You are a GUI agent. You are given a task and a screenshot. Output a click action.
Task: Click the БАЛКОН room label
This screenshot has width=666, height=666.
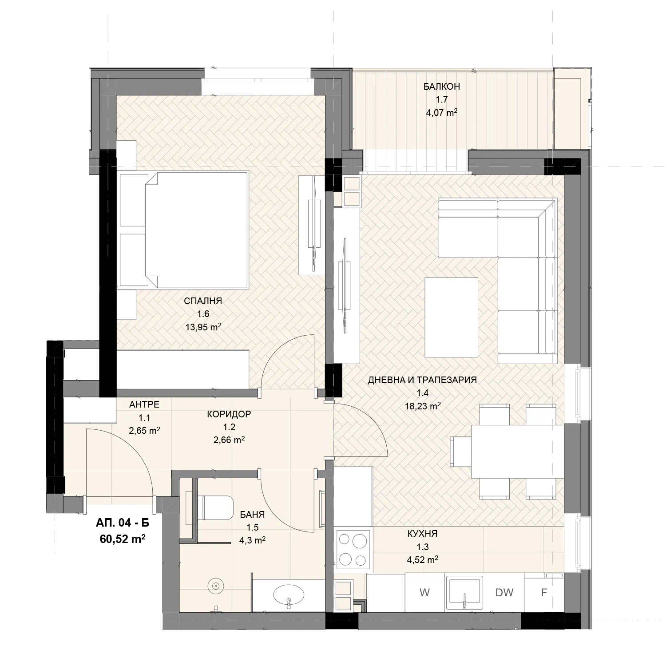441,87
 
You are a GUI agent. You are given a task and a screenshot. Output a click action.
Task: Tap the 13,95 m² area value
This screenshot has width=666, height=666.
203,327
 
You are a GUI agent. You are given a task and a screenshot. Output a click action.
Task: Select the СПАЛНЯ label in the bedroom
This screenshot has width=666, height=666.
203,301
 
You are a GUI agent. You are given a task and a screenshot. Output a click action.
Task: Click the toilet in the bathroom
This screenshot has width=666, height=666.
215,508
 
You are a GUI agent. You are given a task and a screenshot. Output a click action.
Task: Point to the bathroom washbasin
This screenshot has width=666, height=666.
289,593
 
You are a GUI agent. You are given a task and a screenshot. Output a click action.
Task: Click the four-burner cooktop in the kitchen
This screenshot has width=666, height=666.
353,550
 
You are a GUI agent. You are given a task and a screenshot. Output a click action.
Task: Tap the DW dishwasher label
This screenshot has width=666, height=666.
504,592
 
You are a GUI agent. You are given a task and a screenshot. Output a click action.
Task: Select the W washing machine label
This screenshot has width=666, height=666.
424,592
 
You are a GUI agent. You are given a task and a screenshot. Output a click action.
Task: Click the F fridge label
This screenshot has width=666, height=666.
544,592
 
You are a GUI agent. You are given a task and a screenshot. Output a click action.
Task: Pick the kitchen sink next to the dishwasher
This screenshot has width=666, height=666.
464,593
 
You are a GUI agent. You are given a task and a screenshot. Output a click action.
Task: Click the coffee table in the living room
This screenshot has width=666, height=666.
451,317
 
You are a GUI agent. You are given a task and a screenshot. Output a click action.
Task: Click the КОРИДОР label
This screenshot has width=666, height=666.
229,414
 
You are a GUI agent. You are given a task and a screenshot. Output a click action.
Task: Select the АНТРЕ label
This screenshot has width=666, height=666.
144,404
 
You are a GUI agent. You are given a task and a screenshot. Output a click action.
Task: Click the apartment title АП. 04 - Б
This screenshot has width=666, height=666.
123,523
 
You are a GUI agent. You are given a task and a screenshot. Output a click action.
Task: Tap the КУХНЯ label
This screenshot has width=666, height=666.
423,534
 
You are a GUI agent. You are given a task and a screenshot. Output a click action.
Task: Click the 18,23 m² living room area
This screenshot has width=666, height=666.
423,406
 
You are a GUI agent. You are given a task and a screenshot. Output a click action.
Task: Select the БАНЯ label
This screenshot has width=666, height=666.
252,515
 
